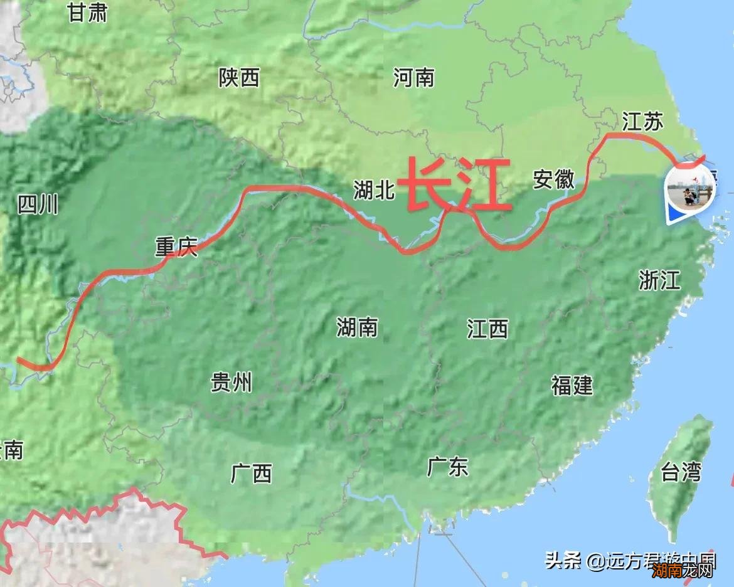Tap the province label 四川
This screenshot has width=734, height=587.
[x=38, y=204]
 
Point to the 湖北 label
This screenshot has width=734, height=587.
[x=374, y=189]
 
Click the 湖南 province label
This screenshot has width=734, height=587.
[x=357, y=327]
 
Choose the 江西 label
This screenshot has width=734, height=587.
[x=487, y=328]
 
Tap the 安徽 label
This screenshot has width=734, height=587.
[x=554, y=179]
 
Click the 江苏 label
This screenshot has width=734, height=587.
[x=642, y=121]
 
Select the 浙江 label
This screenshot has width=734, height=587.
[x=659, y=280]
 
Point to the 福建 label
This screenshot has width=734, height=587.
[x=572, y=385]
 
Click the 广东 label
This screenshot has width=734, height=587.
[x=448, y=466]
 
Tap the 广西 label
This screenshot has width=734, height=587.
[x=252, y=473]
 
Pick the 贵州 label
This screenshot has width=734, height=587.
[x=231, y=381]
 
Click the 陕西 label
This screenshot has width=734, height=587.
[x=239, y=78]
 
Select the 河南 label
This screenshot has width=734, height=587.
[x=414, y=78]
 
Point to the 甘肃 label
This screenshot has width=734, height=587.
[x=88, y=13]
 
